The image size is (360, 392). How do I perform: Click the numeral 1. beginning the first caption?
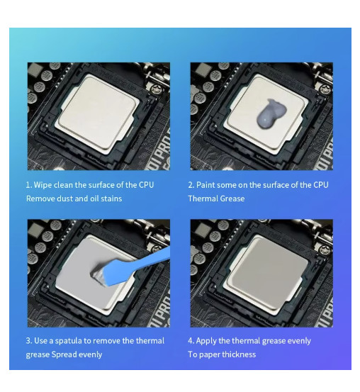(28, 185)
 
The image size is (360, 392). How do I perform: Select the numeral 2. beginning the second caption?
(191, 185)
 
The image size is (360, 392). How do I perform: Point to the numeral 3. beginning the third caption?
(28, 341)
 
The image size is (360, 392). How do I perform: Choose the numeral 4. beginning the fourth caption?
(191, 341)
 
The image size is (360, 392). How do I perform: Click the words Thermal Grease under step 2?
(216, 198)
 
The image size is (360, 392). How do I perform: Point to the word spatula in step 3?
(82, 341)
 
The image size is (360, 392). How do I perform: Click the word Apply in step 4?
(208, 341)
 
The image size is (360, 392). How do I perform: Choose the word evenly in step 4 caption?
(298, 341)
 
